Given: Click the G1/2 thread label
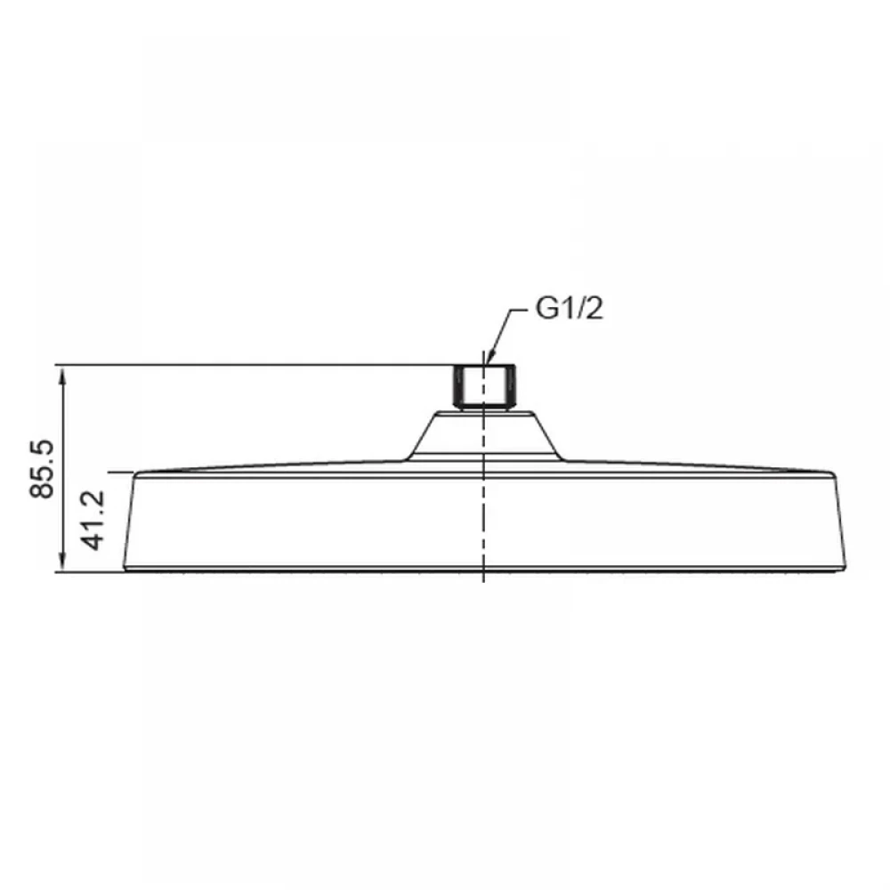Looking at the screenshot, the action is (x=570, y=310).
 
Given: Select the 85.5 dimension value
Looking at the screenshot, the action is (x=42, y=469).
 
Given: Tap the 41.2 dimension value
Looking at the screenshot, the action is (x=93, y=520).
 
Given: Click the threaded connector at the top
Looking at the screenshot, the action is (x=484, y=386).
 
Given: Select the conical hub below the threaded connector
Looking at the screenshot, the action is (x=484, y=435).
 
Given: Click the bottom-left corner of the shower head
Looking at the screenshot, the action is (x=125, y=570).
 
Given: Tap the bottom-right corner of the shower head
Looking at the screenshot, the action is (x=845, y=570).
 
